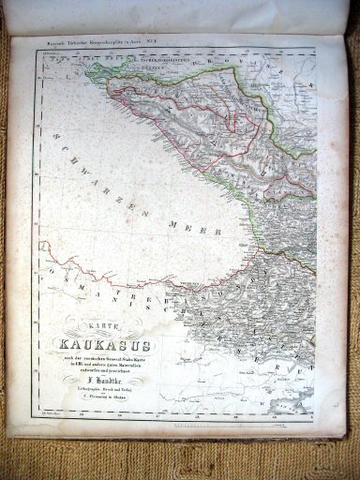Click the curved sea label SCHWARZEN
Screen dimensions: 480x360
click(x=112, y=177)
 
